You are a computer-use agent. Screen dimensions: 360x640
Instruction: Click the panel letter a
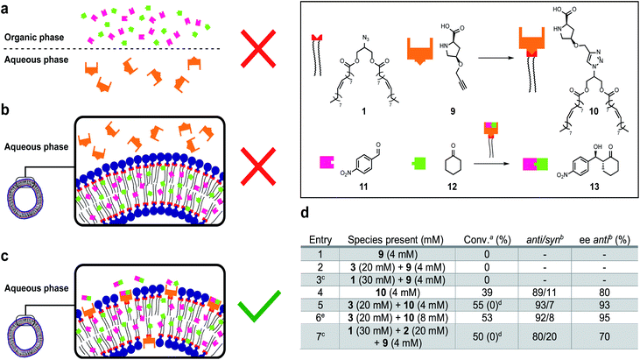pos(5,6)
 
